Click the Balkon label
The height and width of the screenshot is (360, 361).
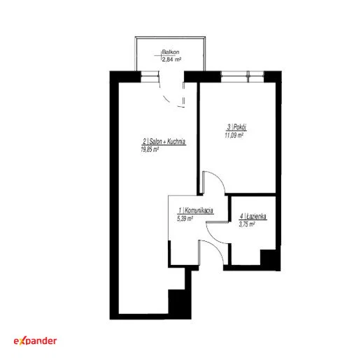[171, 52]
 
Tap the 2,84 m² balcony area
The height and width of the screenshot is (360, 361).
[171, 59]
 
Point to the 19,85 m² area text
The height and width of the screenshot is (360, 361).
[150, 149]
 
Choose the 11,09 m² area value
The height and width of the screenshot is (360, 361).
[234, 135]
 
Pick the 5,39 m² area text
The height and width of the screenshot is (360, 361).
[185, 219]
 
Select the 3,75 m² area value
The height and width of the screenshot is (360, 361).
[247, 224]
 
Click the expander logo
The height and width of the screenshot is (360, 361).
[35, 341]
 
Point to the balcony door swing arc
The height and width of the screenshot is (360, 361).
[166, 99]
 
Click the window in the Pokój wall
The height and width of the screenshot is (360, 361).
[242, 77]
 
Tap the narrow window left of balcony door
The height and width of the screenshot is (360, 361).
[150, 77]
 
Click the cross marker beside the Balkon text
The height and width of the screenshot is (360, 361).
[161, 55]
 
